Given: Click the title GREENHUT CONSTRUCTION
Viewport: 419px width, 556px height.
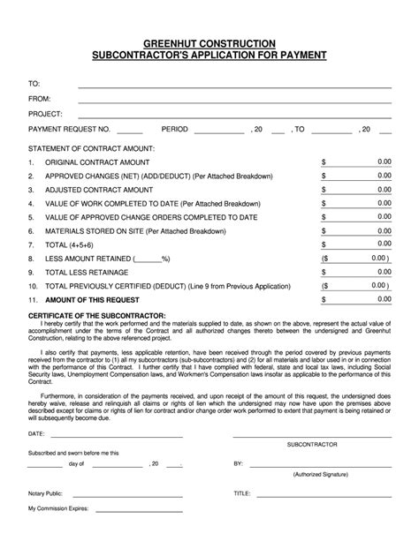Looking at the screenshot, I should coord(209,43).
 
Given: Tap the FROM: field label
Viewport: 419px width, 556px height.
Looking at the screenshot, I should coord(40,99).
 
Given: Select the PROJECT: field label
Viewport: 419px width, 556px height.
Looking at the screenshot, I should coord(45,114).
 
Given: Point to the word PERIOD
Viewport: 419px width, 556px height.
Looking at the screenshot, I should coord(175,129).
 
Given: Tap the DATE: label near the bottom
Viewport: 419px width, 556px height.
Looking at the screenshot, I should coord(36,434).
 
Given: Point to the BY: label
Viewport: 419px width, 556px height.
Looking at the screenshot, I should coord(238,462).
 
